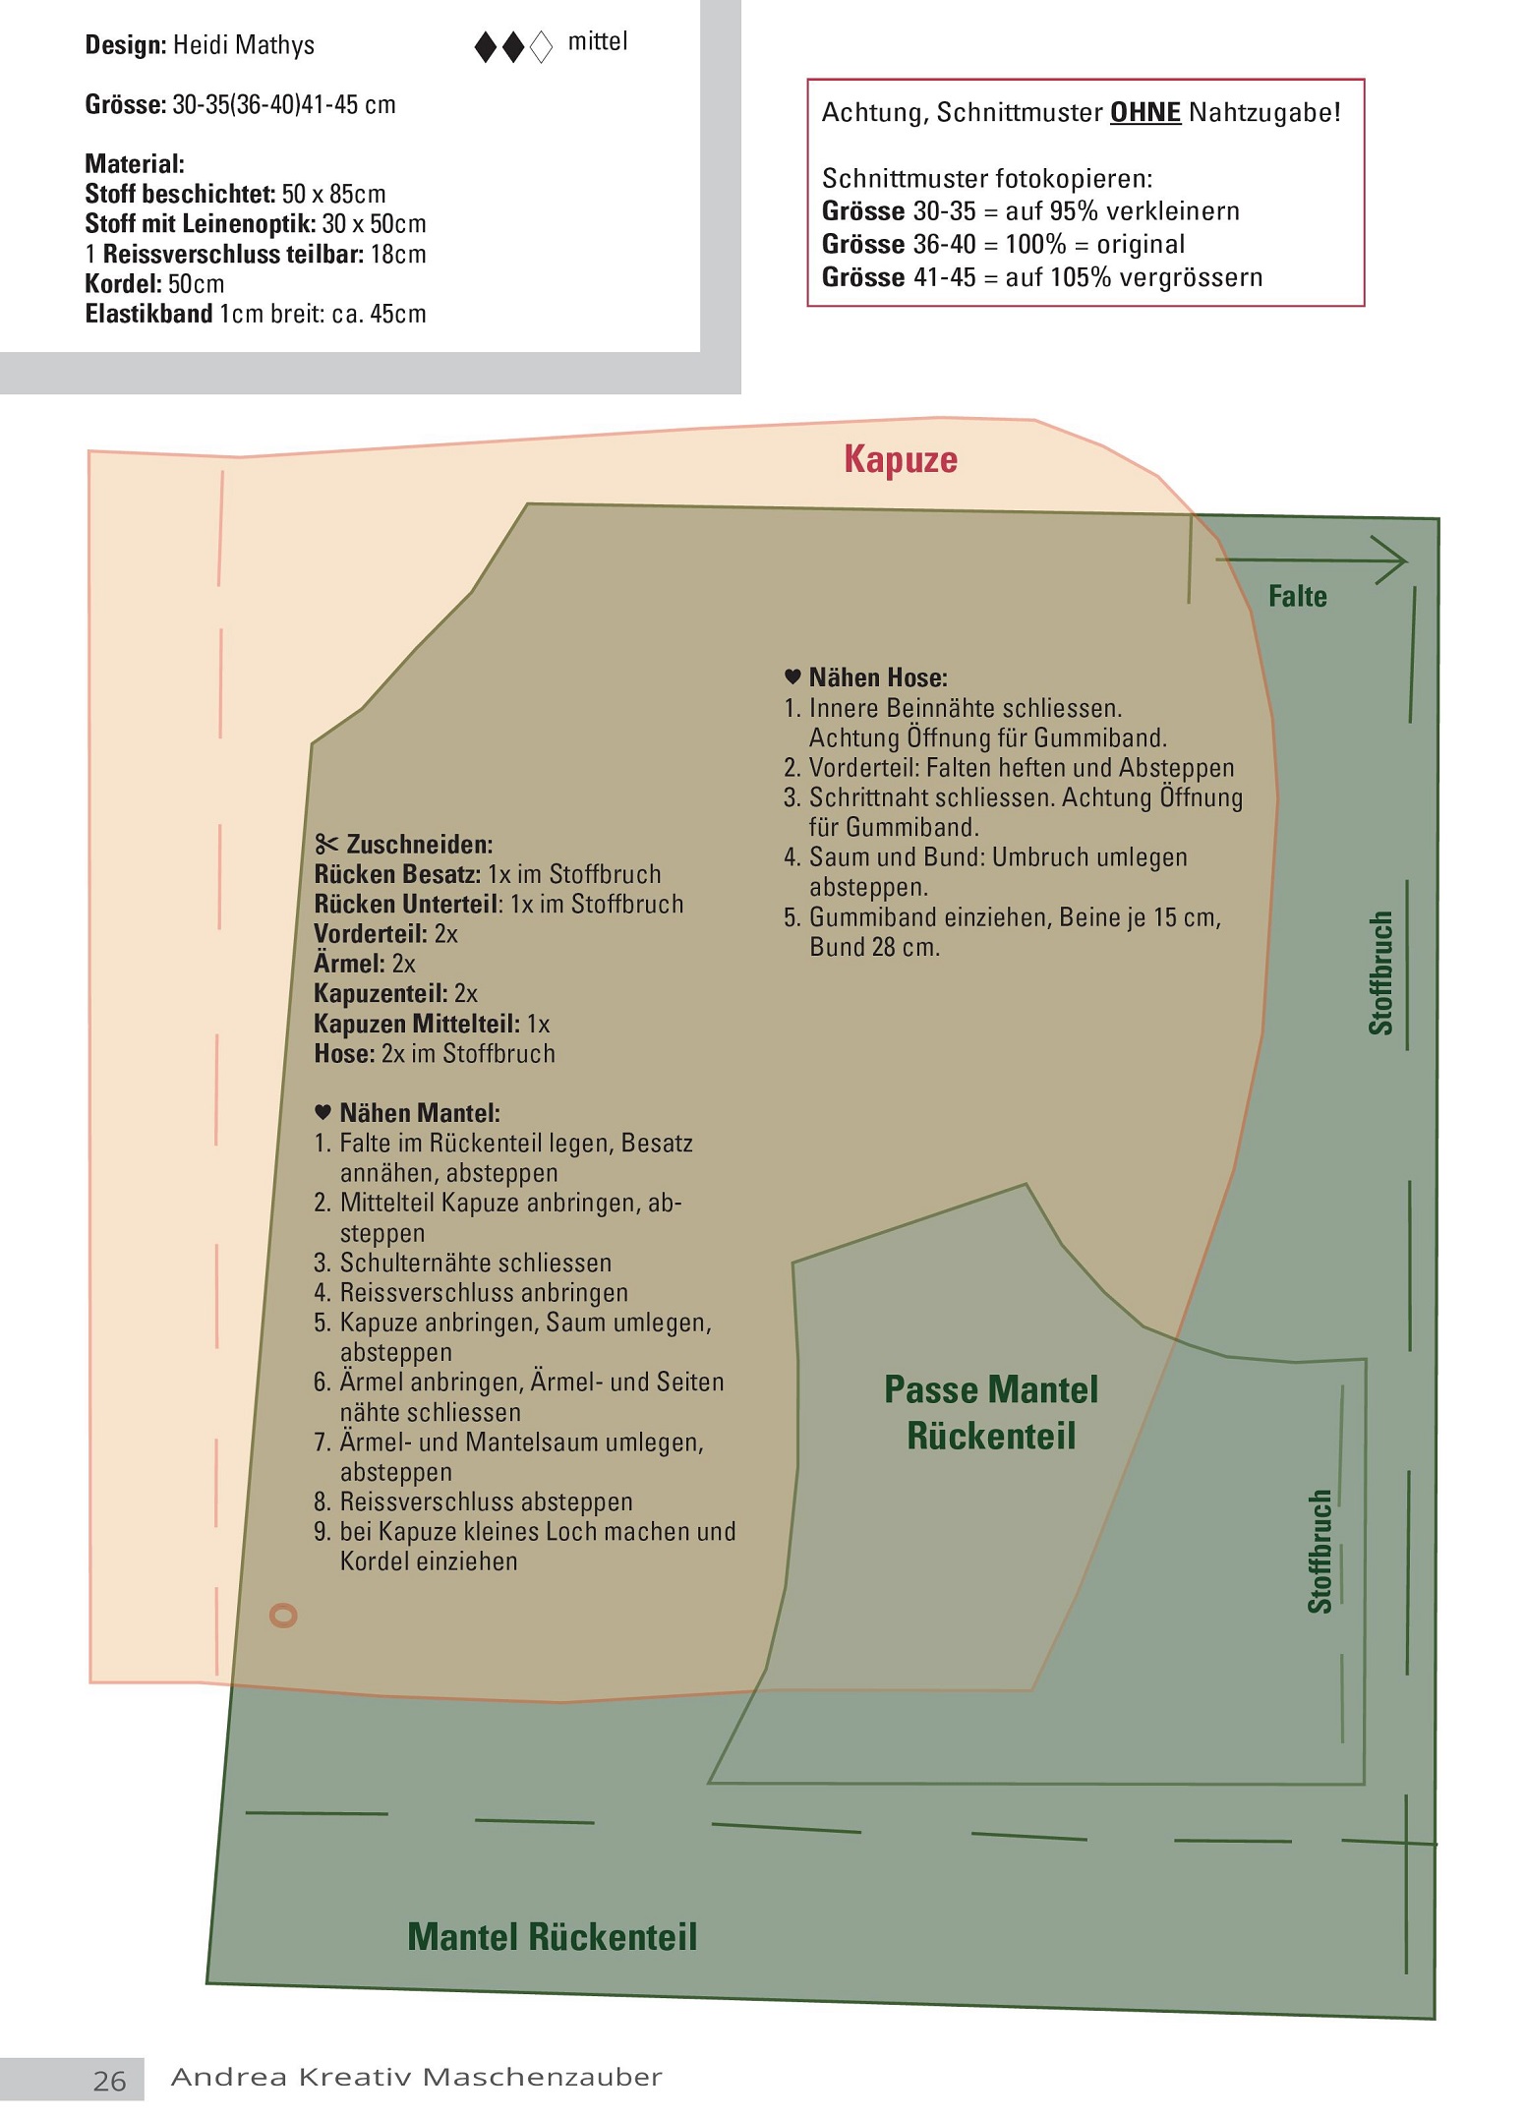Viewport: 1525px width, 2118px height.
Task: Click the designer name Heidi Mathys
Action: [x=244, y=46]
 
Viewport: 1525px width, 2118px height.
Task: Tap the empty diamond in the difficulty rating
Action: [x=542, y=47]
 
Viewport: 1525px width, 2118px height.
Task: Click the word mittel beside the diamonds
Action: [x=598, y=42]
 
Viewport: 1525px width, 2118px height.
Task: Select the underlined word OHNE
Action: [x=1145, y=112]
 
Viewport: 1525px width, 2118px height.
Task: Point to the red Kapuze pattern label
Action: [x=901, y=459]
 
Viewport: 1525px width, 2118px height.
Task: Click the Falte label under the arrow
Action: [x=1297, y=596]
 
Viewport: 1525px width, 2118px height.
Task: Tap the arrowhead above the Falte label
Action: [x=1393, y=560]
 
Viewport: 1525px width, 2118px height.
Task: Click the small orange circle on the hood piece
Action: [x=283, y=1615]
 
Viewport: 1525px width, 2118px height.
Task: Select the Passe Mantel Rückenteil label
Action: [x=991, y=1412]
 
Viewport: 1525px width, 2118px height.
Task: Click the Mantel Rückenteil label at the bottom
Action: [x=553, y=1936]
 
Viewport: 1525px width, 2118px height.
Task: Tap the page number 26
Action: [x=110, y=2081]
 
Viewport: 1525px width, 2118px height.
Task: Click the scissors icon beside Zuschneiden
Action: [x=326, y=844]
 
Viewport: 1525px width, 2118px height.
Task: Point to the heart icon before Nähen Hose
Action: [x=792, y=677]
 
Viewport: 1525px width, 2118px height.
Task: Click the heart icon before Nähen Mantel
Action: [x=323, y=1112]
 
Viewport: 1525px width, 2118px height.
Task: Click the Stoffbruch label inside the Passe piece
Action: [x=1320, y=1552]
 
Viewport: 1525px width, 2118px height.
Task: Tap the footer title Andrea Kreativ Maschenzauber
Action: [x=417, y=2077]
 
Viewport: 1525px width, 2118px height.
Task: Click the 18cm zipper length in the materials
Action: [x=398, y=255]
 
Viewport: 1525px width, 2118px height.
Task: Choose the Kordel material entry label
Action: [x=124, y=284]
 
